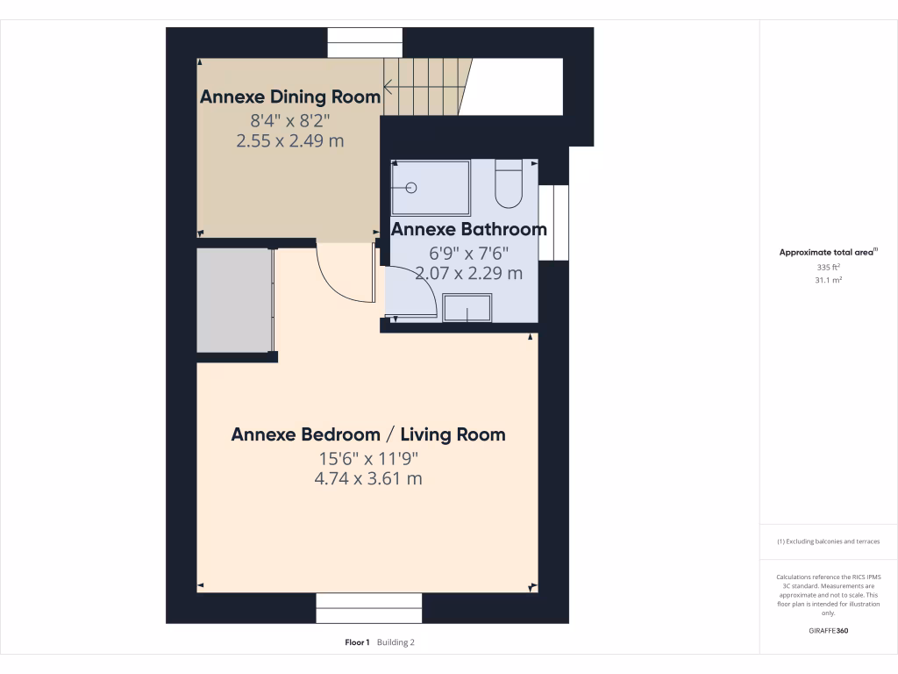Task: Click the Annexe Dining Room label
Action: [290, 97]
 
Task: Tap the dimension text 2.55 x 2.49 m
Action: [290, 140]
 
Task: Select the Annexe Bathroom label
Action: [468, 230]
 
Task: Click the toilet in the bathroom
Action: [509, 183]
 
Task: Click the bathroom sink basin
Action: [467, 309]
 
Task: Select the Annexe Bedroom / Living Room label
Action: [368, 434]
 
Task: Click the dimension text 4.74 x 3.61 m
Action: [368, 479]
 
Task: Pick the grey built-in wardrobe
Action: [232, 300]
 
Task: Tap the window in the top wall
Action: [366, 43]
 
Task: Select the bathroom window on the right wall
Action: [554, 223]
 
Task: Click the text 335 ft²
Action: [828, 267]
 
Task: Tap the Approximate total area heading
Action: [828, 252]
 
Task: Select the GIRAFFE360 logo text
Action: [828, 631]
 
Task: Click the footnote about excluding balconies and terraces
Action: [828, 541]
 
